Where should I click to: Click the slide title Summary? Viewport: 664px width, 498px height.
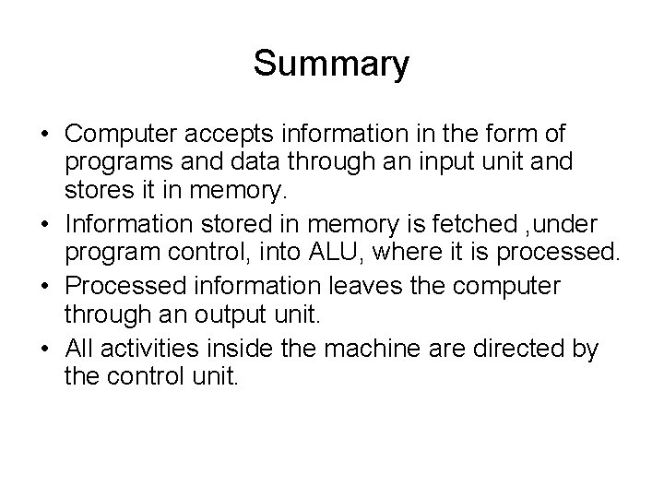(331, 64)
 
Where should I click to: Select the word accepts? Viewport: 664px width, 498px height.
(243, 134)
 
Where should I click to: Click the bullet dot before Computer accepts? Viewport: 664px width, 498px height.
(45, 135)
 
